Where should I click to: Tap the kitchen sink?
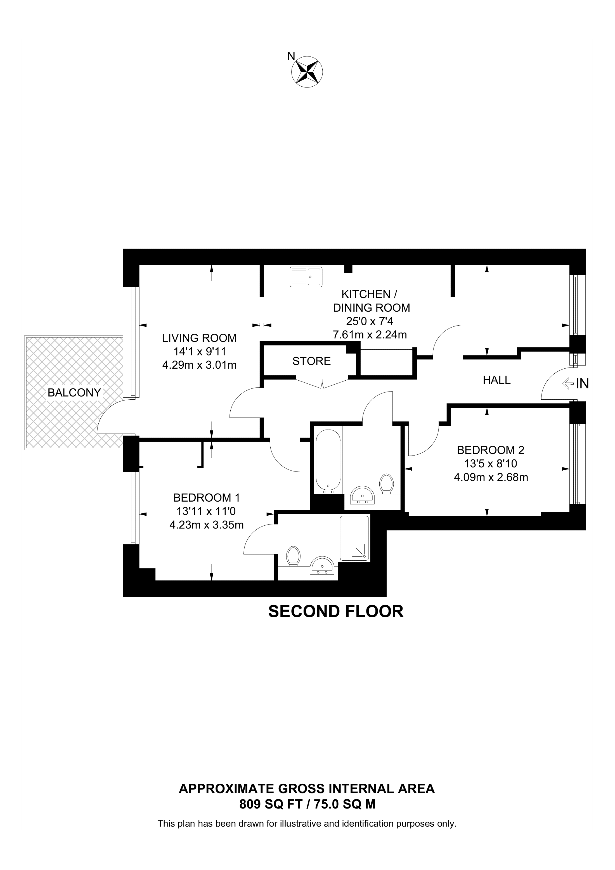306,277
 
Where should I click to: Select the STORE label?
311,361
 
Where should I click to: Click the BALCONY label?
74,393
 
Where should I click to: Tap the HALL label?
496,380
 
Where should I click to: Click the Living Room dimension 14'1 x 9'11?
200,352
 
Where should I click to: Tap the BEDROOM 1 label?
207,497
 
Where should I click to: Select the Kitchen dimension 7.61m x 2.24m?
370,335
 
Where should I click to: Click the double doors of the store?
322,383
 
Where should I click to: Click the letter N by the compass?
291,56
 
